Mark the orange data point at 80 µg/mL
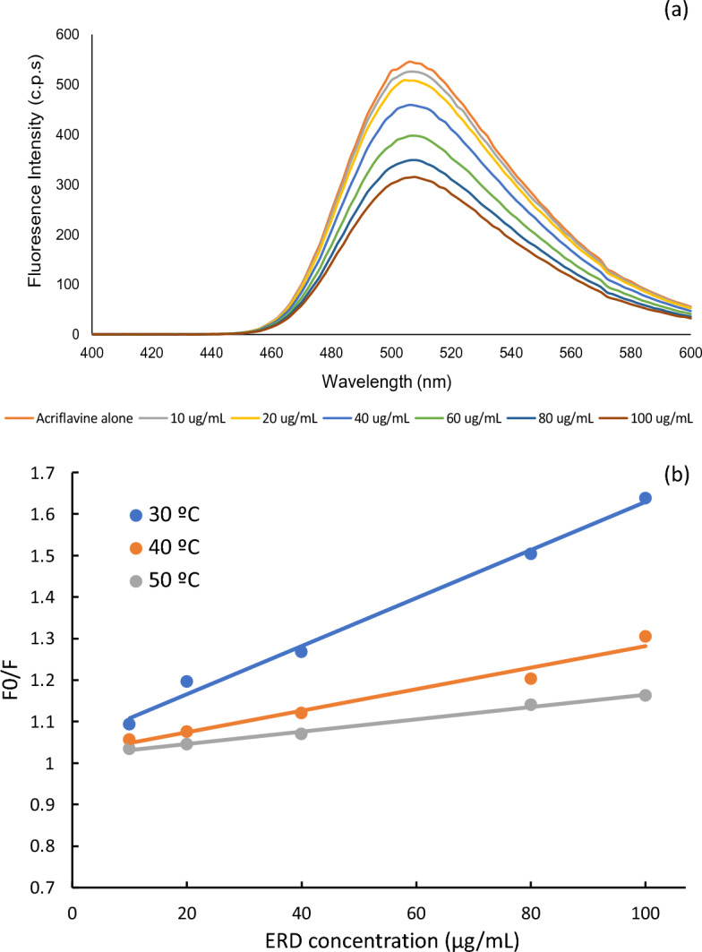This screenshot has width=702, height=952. tap(531, 678)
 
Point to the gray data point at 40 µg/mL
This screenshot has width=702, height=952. tap(302, 733)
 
